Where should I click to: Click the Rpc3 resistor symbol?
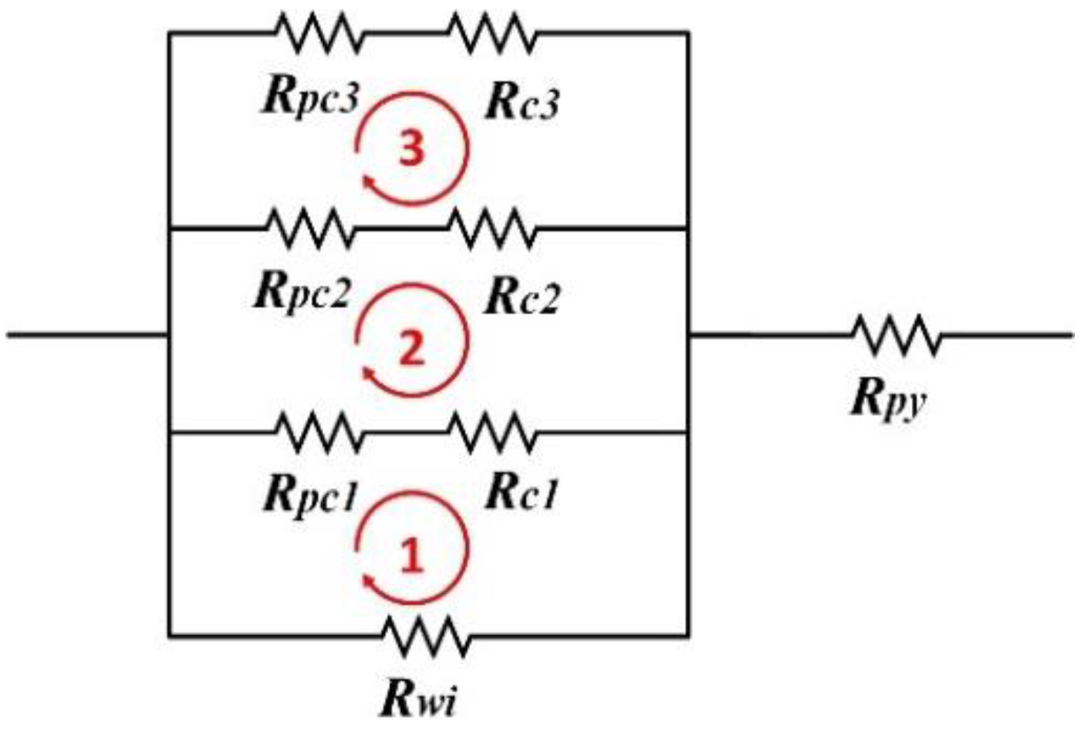point(318,33)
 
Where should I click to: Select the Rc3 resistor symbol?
point(491,33)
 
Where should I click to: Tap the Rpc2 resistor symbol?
point(309,228)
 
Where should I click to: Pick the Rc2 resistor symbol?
point(491,228)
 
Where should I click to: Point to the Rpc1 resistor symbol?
point(318,433)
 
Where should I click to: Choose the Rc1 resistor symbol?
point(491,433)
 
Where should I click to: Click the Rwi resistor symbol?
point(425,636)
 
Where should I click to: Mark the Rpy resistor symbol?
point(896,335)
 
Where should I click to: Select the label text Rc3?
point(522,102)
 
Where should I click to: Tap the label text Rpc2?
point(303,294)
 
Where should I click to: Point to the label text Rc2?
point(522,297)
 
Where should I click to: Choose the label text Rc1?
point(522,494)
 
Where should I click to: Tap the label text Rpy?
point(887,400)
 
